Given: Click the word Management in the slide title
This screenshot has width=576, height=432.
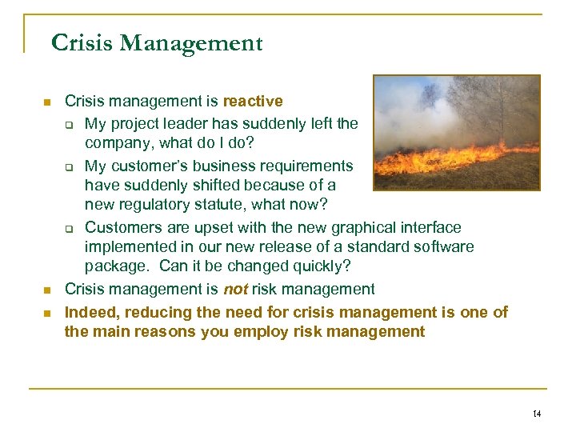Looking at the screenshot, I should click(191, 42).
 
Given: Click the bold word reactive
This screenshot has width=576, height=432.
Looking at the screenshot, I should click(253, 102).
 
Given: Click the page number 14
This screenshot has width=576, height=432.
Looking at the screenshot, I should click(536, 414).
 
